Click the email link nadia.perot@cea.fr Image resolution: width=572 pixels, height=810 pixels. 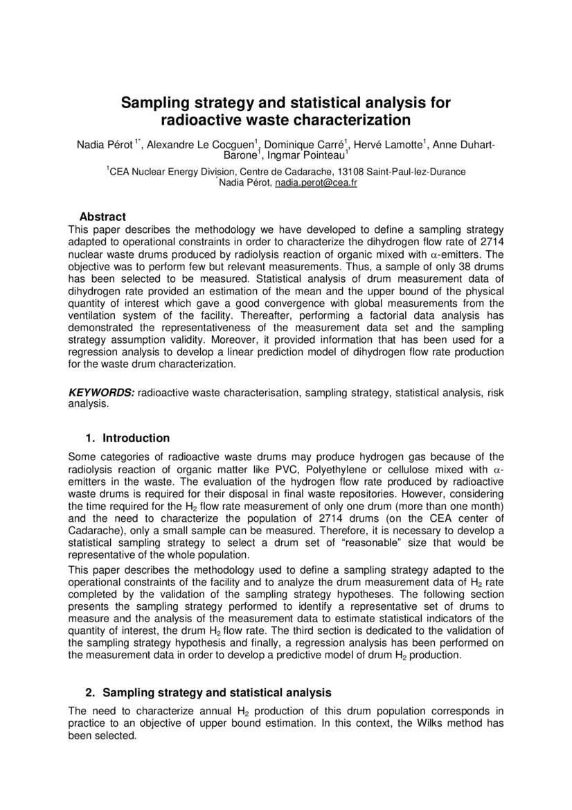pos(316,184)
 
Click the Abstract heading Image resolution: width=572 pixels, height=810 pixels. pos(102,217)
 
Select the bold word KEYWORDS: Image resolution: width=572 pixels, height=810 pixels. pos(101,393)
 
